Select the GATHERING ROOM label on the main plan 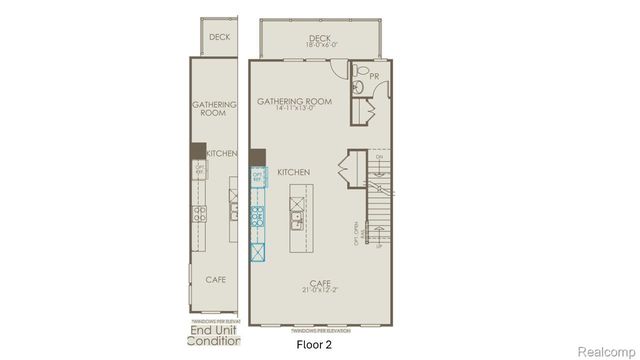[295, 101]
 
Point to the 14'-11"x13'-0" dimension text [295, 109]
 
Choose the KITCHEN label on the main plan [294, 173]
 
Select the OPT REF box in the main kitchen [257, 180]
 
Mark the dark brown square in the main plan [257, 157]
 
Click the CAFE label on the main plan [320, 282]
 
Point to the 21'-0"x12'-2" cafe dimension [320, 290]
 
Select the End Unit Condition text [215, 338]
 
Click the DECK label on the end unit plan [219, 36]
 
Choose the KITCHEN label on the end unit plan [221, 154]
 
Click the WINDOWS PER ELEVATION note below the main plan [320, 329]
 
